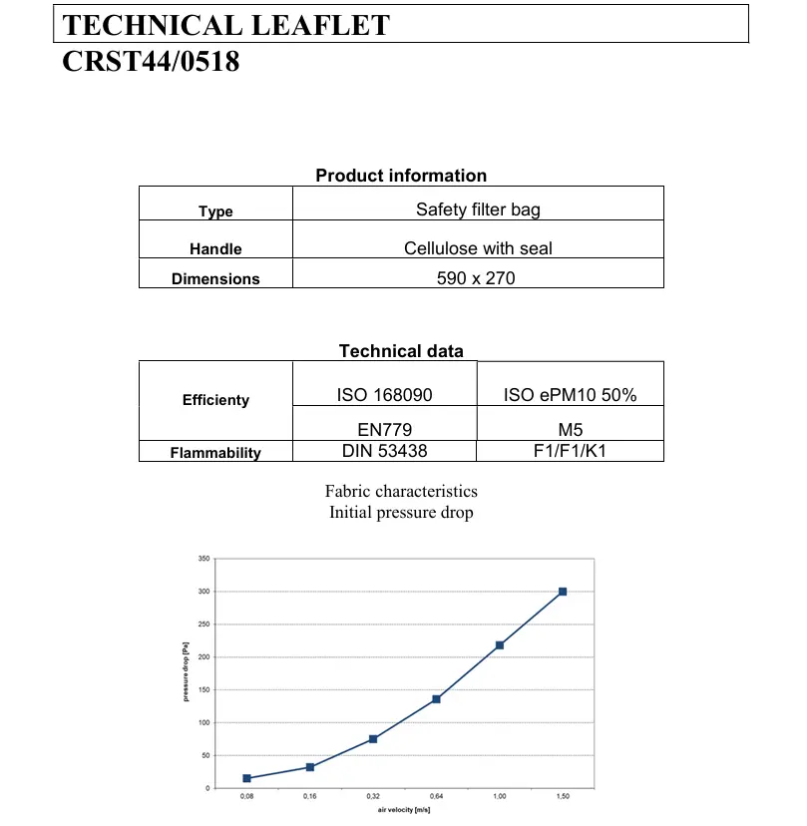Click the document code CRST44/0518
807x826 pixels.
tap(151, 62)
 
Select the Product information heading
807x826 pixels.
tap(401, 176)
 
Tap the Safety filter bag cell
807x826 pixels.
tap(478, 209)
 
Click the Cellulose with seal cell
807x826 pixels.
tap(478, 247)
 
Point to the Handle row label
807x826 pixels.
tap(215, 249)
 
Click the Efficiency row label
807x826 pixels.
tap(215, 400)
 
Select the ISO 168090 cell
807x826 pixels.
tap(385, 395)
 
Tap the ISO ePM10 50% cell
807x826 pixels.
tap(571, 395)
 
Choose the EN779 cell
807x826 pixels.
tap(384, 431)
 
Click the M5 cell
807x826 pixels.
tap(571, 431)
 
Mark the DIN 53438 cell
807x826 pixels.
tap(384, 451)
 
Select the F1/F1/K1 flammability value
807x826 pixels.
tap(571, 451)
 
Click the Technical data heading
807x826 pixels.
tap(401, 351)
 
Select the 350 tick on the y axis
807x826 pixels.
tap(203, 560)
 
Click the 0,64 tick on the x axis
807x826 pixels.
tap(436, 797)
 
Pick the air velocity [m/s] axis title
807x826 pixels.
tap(404, 812)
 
